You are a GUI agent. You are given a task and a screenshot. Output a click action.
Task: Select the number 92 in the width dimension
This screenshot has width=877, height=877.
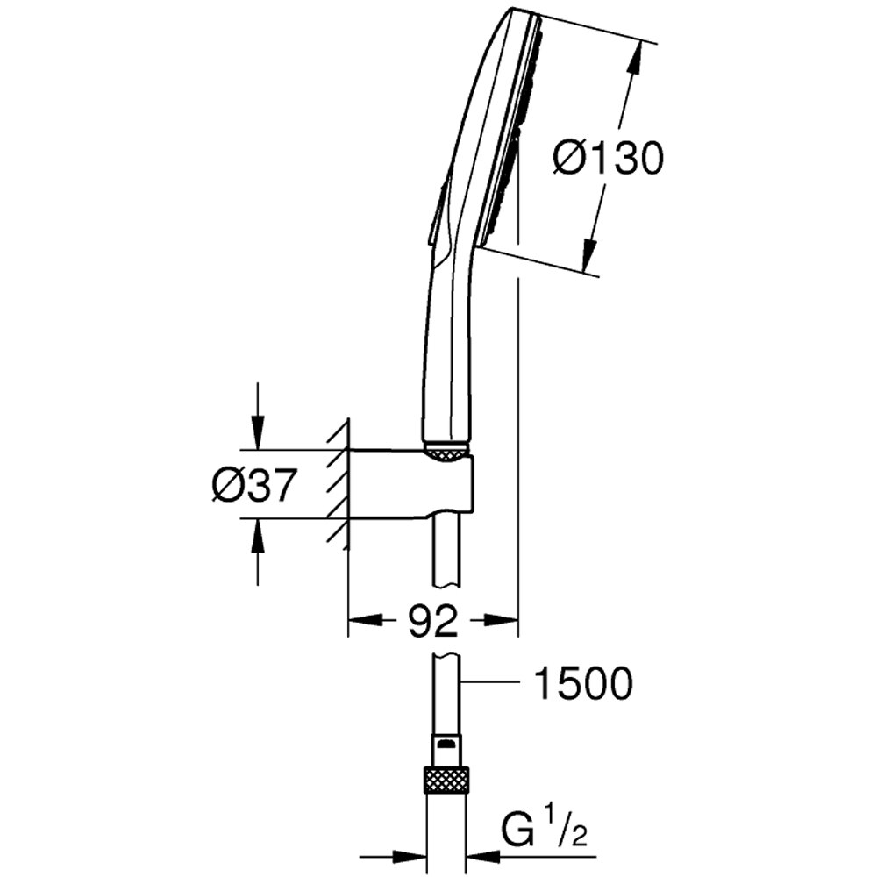coord(433,621)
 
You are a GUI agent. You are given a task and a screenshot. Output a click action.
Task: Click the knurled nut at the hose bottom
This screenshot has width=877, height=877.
coord(446,779)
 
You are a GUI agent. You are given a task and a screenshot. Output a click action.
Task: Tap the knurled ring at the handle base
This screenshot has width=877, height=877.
coord(446,452)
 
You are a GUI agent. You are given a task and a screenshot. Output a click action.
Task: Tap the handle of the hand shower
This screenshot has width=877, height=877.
coord(447,351)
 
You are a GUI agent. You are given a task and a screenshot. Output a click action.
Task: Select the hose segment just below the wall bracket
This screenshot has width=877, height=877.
coord(446,553)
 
